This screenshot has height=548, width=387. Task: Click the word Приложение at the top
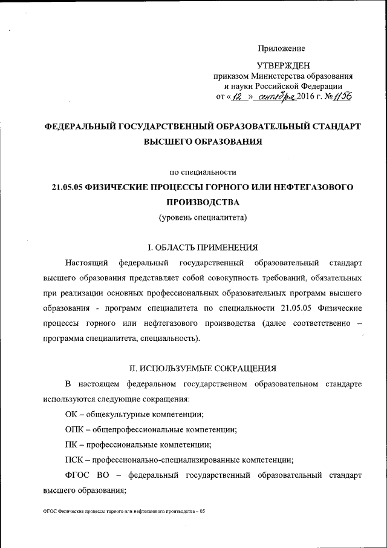[x=281, y=48]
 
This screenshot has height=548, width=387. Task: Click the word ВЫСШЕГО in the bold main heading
[x=169, y=142]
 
